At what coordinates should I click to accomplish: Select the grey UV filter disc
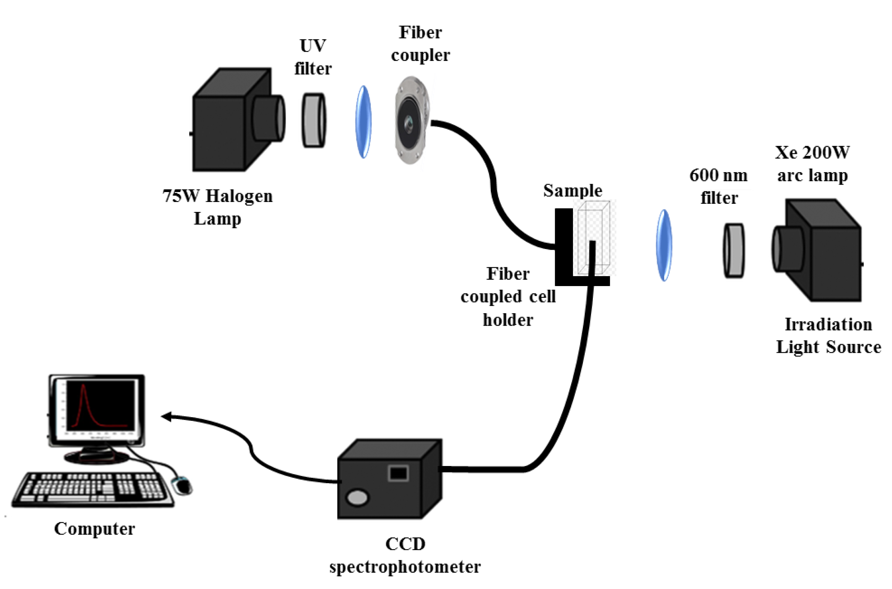click(314, 120)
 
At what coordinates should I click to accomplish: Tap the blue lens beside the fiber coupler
click(363, 122)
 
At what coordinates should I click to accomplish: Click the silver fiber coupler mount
click(412, 120)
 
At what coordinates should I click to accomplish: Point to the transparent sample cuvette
click(594, 238)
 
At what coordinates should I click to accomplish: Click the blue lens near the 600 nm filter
click(663, 245)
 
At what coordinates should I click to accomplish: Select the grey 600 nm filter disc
click(734, 250)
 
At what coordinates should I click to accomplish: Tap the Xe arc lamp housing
click(817, 250)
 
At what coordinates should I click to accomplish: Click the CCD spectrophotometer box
click(390, 479)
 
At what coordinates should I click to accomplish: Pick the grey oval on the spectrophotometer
click(357, 498)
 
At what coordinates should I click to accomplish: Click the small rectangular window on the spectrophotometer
click(398, 473)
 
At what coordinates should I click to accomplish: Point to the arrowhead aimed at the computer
click(166, 416)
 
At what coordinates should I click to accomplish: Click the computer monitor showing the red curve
click(97, 410)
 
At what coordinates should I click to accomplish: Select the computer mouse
click(182, 485)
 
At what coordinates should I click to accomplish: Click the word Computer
click(95, 529)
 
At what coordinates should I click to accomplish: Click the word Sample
click(573, 191)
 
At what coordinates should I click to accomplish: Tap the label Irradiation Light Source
click(828, 336)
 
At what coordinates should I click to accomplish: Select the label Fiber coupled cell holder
click(508, 297)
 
